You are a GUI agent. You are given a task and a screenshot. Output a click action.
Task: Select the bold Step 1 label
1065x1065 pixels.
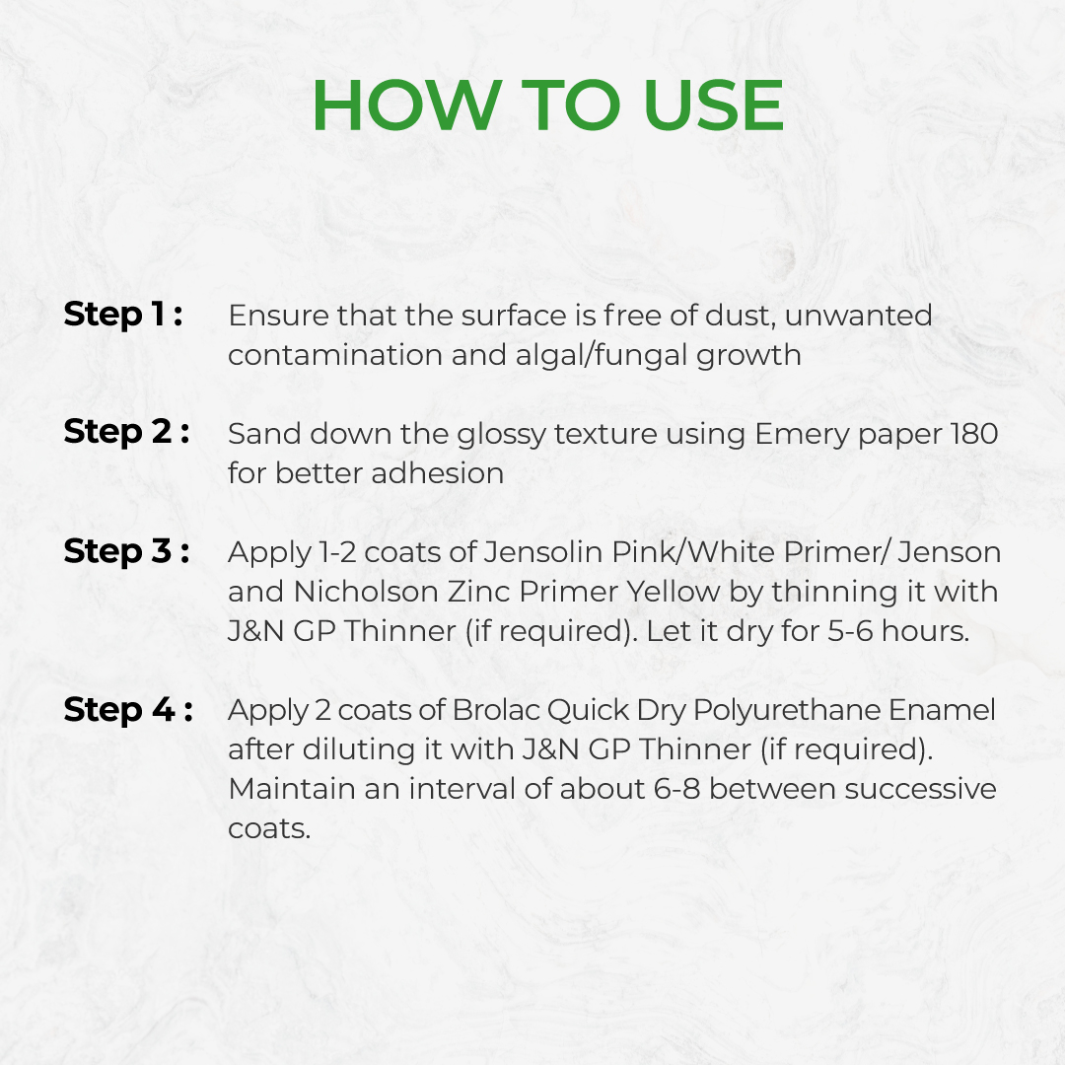(x=123, y=315)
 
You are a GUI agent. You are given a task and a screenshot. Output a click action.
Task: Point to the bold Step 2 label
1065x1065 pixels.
(x=126, y=432)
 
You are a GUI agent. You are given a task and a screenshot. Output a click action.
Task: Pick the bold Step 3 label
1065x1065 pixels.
(x=126, y=551)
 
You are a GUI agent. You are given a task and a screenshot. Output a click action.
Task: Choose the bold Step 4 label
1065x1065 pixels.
(x=128, y=710)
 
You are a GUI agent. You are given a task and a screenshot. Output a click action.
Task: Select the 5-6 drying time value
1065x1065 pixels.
(x=850, y=631)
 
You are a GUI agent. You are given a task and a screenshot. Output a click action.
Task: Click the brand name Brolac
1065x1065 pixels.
(x=496, y=710)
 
